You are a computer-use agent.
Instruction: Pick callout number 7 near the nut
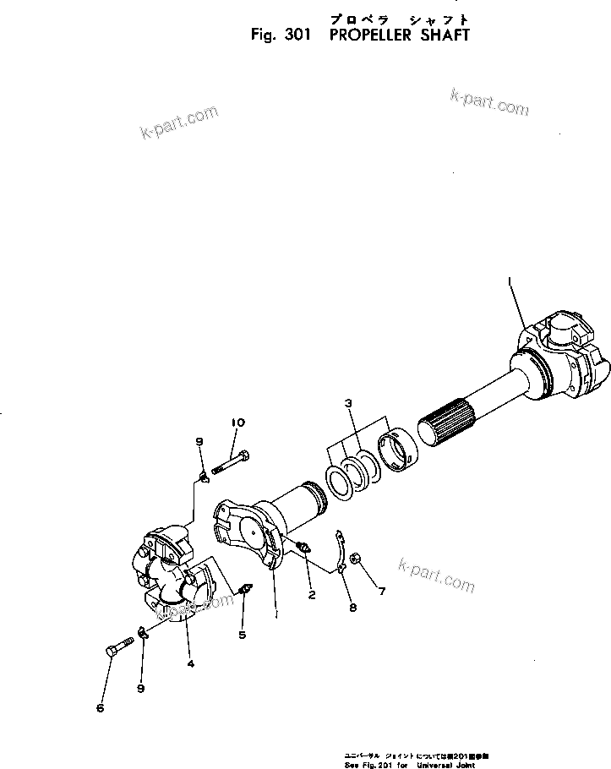pos(381,592)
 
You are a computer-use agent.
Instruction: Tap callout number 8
pos(352,607)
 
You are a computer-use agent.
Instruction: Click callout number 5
pos(242,635)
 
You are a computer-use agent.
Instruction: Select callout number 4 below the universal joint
pos(190,663)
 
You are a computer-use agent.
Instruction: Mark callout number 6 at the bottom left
pos(100,708)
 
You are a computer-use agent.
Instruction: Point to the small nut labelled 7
pos(357,559)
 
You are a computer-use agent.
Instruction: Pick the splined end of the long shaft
pos(446,421)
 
